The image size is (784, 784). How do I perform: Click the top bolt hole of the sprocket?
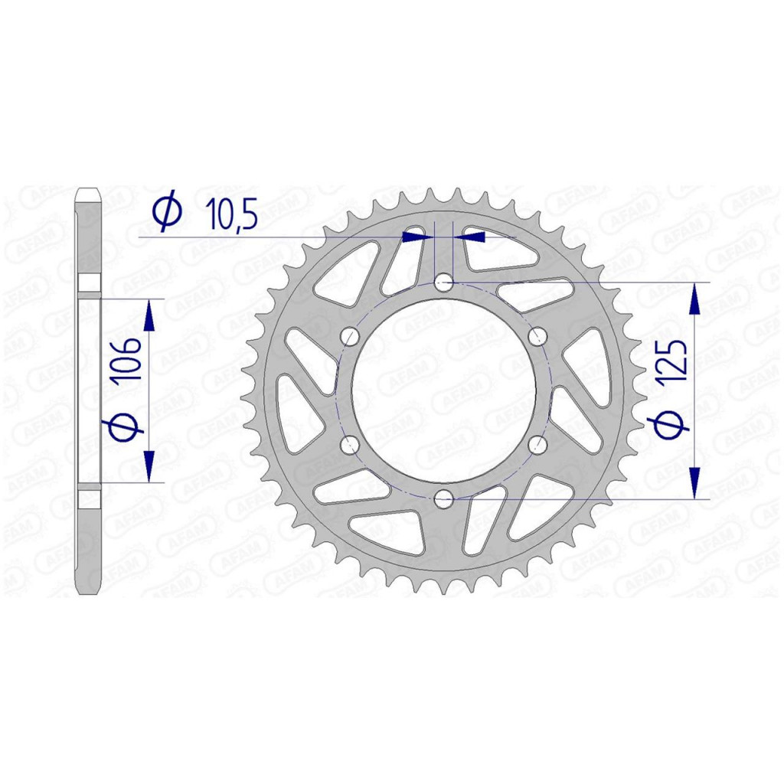[443, 283]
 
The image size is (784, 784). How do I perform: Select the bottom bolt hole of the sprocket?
[443, 498]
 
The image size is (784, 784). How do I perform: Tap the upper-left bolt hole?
[350, 337]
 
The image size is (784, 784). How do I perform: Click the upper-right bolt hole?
[537, 337]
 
